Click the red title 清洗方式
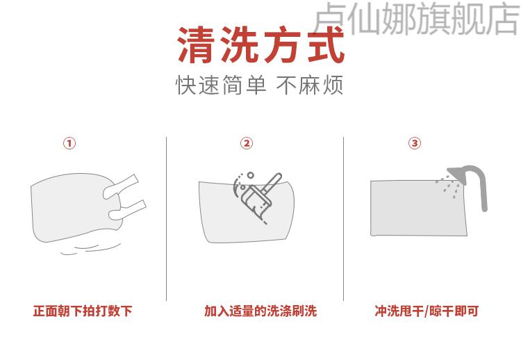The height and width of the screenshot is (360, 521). pos(260,45)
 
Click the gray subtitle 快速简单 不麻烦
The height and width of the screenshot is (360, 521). pos(259,85)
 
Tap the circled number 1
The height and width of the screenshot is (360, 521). pos(69,143)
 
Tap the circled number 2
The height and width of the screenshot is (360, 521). pos(247,143)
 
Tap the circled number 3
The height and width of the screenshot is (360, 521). pos(415,143)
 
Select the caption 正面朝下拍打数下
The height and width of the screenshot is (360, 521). pos(83,311)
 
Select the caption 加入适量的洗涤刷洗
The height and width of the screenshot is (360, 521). pos(260,311)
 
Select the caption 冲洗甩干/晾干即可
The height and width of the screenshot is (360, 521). pos(427,311)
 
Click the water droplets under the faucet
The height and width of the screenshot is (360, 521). pos(449,186)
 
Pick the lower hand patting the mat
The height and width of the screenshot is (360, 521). pos(128,210)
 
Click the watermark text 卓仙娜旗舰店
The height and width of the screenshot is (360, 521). pos(417,19)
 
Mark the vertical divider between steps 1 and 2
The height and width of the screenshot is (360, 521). pos(166,219)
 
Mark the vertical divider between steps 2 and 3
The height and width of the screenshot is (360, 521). pos(343,219)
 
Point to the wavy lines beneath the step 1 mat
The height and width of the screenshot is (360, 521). pos(90,249)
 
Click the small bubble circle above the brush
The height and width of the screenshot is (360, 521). pos(251,175)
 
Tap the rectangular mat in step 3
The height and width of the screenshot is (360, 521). pos(419,208)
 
